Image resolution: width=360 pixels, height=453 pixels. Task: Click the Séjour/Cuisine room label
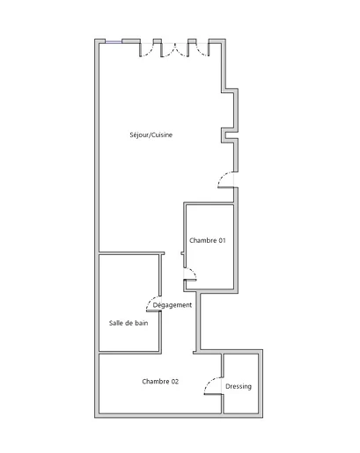coord(151,135)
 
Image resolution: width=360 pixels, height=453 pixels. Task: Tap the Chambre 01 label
coord(208,240)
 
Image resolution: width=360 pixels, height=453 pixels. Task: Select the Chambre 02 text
coord(160,382)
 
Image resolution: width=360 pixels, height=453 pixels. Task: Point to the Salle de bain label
coord(129,323)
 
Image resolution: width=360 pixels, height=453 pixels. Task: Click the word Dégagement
coord(173,305)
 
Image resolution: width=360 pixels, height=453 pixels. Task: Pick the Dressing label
coord(239,386)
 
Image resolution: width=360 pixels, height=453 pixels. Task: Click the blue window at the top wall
coord(114,42)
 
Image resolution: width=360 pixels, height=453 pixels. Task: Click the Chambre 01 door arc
coord(194,271)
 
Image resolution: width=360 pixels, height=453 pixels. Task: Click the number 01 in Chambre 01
coord(222,240)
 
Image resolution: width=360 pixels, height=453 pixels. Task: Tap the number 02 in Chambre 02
coord(175,382)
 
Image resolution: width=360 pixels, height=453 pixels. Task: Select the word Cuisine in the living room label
coord(162,135)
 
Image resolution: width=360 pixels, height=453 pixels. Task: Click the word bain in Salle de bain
coord(142,323)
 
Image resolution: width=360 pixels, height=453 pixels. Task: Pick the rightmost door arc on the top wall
coord(201,51)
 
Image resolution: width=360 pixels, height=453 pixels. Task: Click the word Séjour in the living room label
coord(139,135)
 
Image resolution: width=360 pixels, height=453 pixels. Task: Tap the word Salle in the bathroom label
coord(115,323)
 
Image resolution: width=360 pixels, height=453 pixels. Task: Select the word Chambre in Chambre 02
coord(156,382)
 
